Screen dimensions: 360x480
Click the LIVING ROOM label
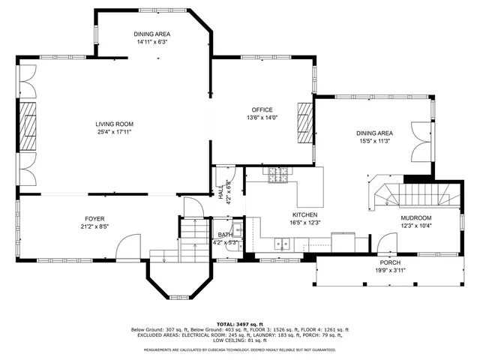click(x=114, y=124)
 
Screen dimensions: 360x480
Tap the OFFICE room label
click(x=262, y=109)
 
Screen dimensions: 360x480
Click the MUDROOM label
click(x=416, y=218)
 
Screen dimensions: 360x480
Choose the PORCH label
click(x=389, y=262)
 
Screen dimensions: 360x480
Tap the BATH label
click(x=224, y=235)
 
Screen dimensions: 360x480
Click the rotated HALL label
click(x=221, y=192)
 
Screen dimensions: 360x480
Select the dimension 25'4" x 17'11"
click(x=114, y=132)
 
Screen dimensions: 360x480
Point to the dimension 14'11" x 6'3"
click(x=152, y=42)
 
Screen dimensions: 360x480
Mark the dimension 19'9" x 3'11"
click(x=389, y=270)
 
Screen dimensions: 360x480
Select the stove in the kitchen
click(x=277, y=174)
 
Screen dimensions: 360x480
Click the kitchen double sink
click(x=283, y=243)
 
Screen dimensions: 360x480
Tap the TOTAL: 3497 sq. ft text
click(x=240, y=323)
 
